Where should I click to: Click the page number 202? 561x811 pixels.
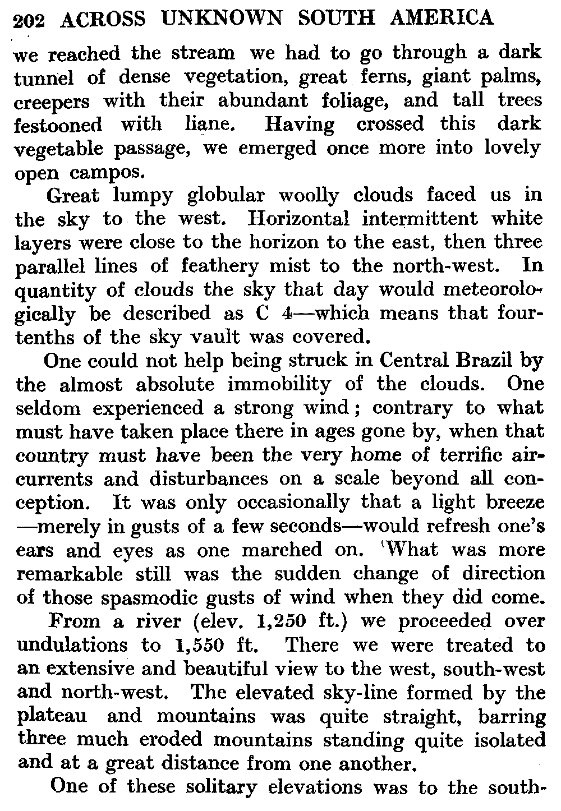coord(31,21)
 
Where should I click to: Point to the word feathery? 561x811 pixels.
coord(228,266)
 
